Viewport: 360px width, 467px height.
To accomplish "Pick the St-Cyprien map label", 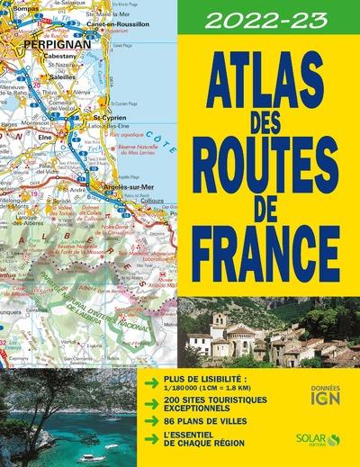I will point(110,117).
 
